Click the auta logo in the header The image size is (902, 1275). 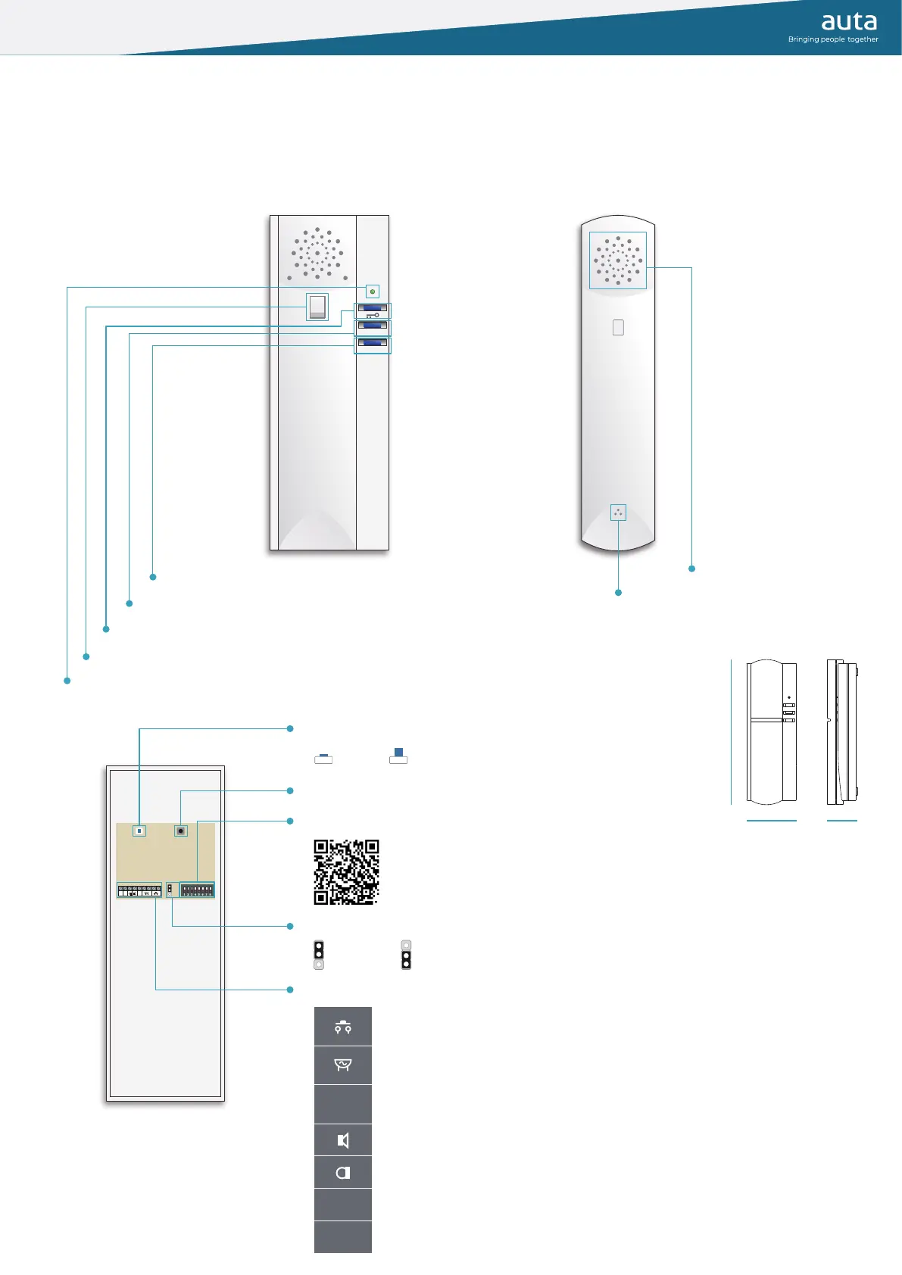849,22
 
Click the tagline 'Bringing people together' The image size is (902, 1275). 833,39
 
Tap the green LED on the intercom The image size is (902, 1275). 372,291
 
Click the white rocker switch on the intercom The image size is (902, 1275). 317,307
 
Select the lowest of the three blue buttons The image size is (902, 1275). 373,343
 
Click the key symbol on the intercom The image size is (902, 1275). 373,315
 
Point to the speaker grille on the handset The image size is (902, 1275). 618,260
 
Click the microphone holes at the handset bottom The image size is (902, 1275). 618,513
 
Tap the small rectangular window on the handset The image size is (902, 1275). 618,327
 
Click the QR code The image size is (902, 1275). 346,871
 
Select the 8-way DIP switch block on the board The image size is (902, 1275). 197,890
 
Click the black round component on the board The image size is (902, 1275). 180,831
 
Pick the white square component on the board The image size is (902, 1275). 139,831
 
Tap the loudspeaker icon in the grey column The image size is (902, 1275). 343,1140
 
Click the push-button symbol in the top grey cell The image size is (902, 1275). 343,1027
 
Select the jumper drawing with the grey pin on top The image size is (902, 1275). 406,955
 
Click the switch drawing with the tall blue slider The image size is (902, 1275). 398,756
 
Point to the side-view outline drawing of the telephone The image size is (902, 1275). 842,731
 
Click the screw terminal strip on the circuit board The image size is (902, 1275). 139,891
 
